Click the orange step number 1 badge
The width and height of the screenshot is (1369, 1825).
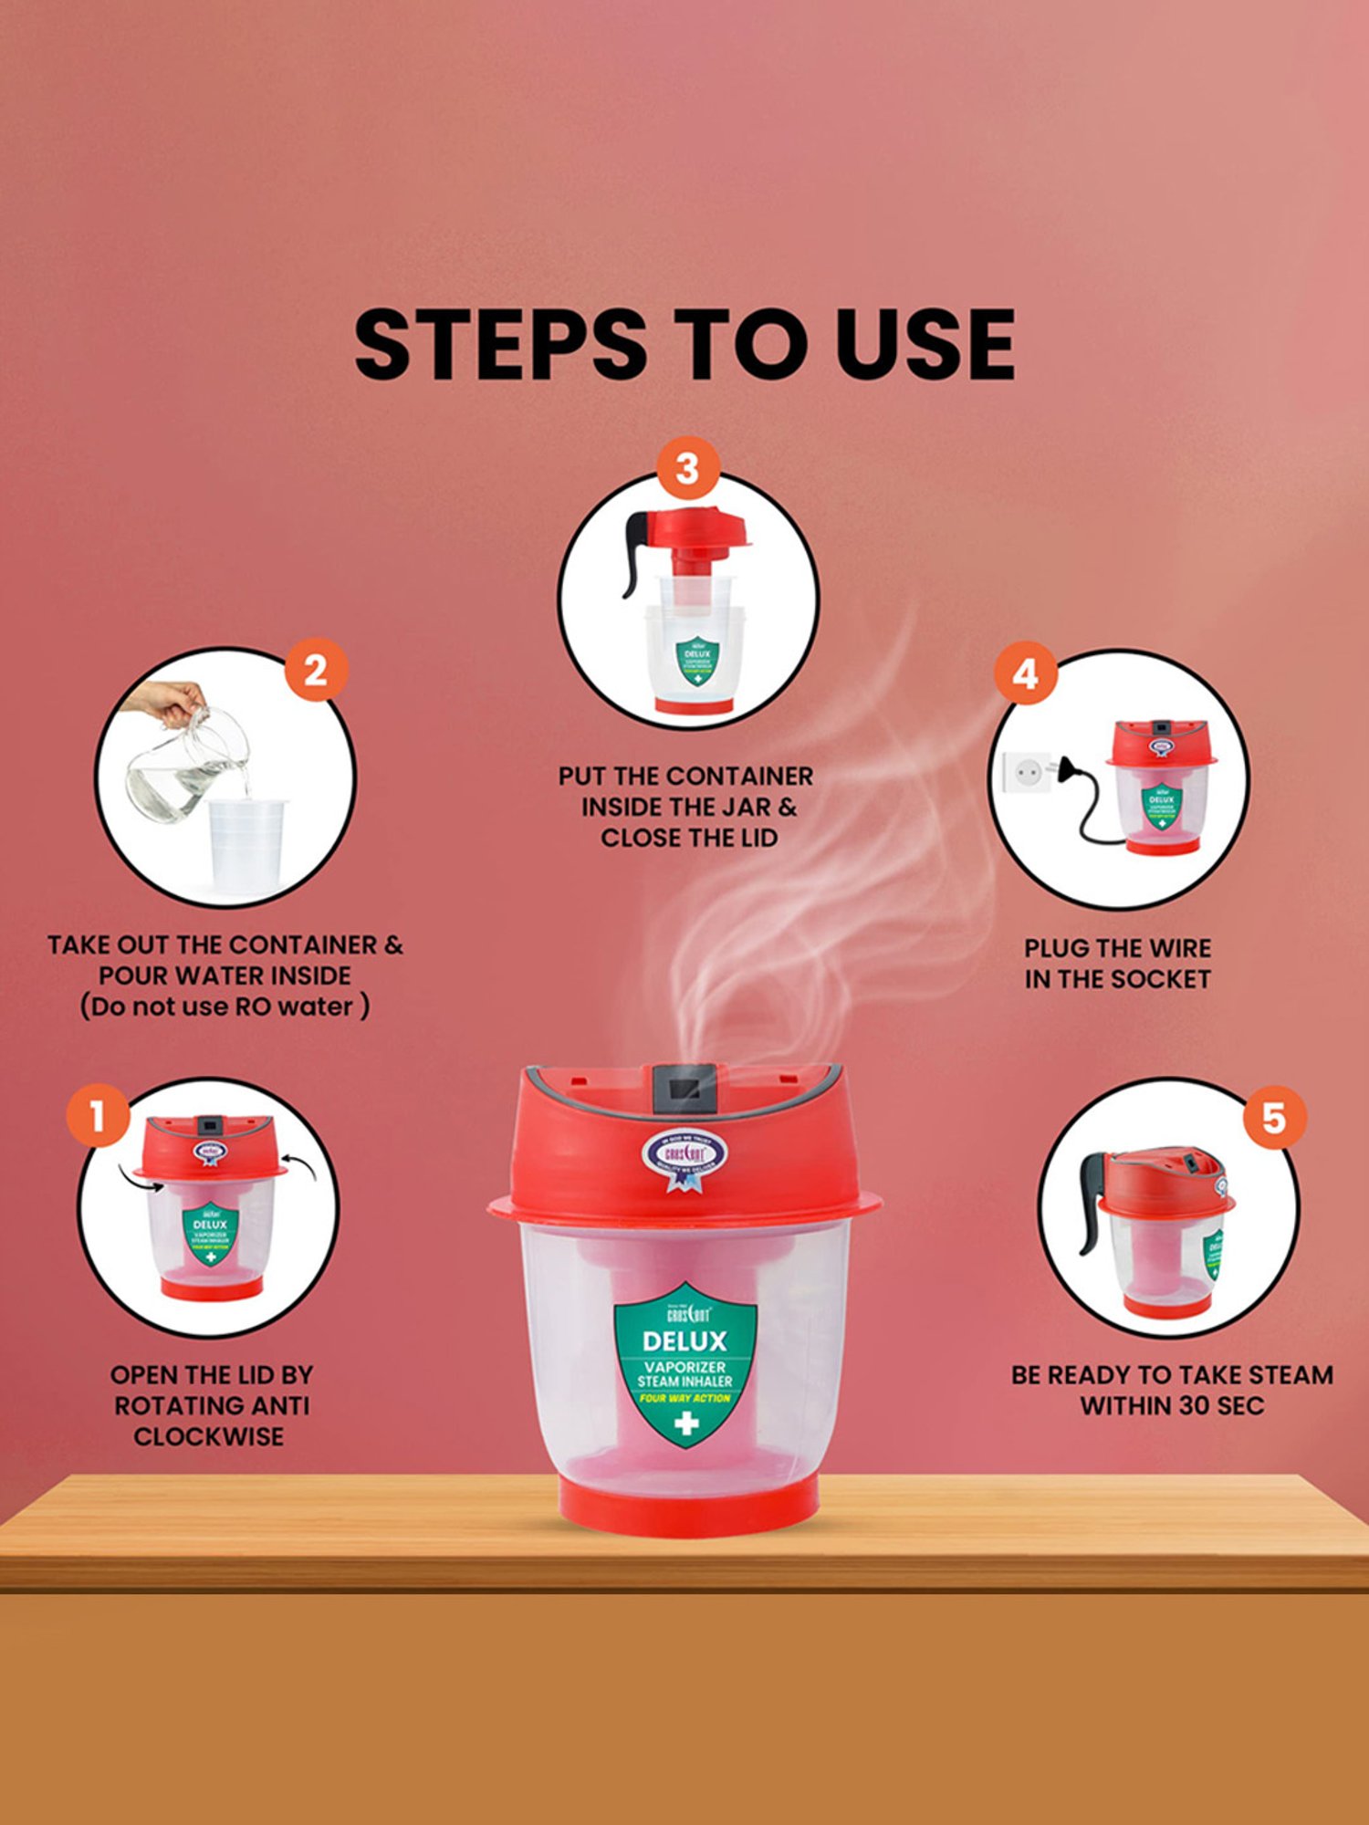click(x=98, y=1115)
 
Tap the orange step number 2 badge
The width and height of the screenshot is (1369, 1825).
click(x=316, y=671)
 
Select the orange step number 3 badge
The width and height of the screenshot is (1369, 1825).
click(x=687, y=469)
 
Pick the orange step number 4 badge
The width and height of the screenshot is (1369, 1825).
click(x=1025, y=674)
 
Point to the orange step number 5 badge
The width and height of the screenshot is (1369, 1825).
click(x=1273, y=1118)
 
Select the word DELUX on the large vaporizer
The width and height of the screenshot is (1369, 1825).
click(x=684, y=1340)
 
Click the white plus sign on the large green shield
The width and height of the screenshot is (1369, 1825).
click(x=685, y=1423)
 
